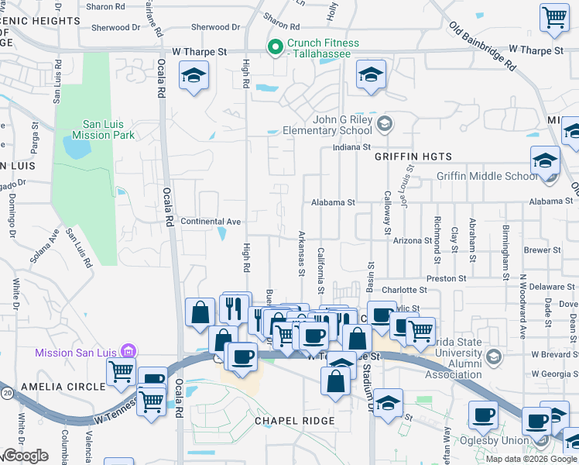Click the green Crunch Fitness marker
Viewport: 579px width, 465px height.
coord(274,48)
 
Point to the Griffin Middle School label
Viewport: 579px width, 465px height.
coord(486,176)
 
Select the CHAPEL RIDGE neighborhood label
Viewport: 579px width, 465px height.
coord(294,421)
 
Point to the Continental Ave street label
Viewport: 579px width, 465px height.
coord(211,222)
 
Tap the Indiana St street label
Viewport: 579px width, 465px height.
coord(352,146)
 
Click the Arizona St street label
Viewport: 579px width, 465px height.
coord(412,241)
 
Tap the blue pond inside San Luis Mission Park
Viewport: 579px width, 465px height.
coord(76,146)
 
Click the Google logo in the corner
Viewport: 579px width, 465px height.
coord(26,456)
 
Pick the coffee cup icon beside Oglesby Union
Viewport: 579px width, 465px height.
coord(485,415)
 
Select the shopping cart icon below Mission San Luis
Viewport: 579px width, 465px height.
coord(122,373)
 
